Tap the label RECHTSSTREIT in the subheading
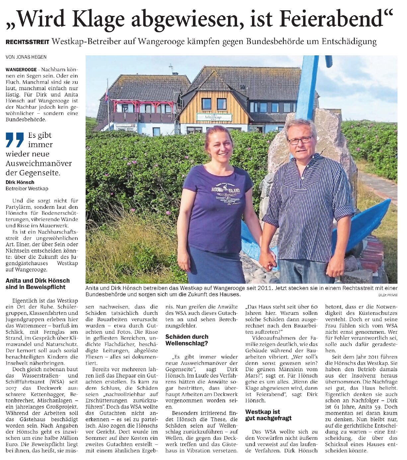click(27, 42)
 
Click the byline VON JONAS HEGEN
click(26, 57)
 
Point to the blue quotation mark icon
click(15, 140)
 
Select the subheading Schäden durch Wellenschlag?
click(187, 340)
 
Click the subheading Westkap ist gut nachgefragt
click(268, 415)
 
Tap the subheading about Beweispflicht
click(38, 284)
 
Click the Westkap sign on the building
click(214, 117)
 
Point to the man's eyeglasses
click(300, 140)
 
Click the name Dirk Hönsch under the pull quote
click(20, 182)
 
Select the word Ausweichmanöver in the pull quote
click(39, 163)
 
